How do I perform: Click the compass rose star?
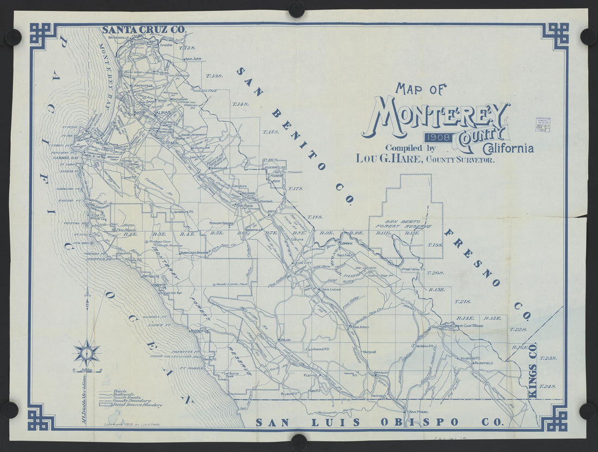click(86, 352)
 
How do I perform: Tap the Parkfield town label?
click(483, 363)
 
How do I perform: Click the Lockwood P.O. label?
click(320, 349)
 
